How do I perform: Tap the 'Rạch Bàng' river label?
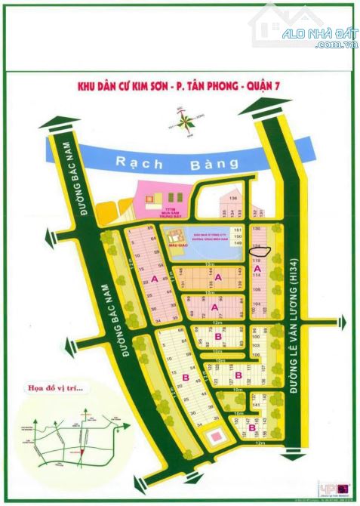pos(177,162)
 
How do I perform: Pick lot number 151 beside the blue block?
pos(237,230)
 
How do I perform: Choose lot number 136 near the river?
pos(233,199)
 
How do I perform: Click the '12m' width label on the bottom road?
pos(260,443)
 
